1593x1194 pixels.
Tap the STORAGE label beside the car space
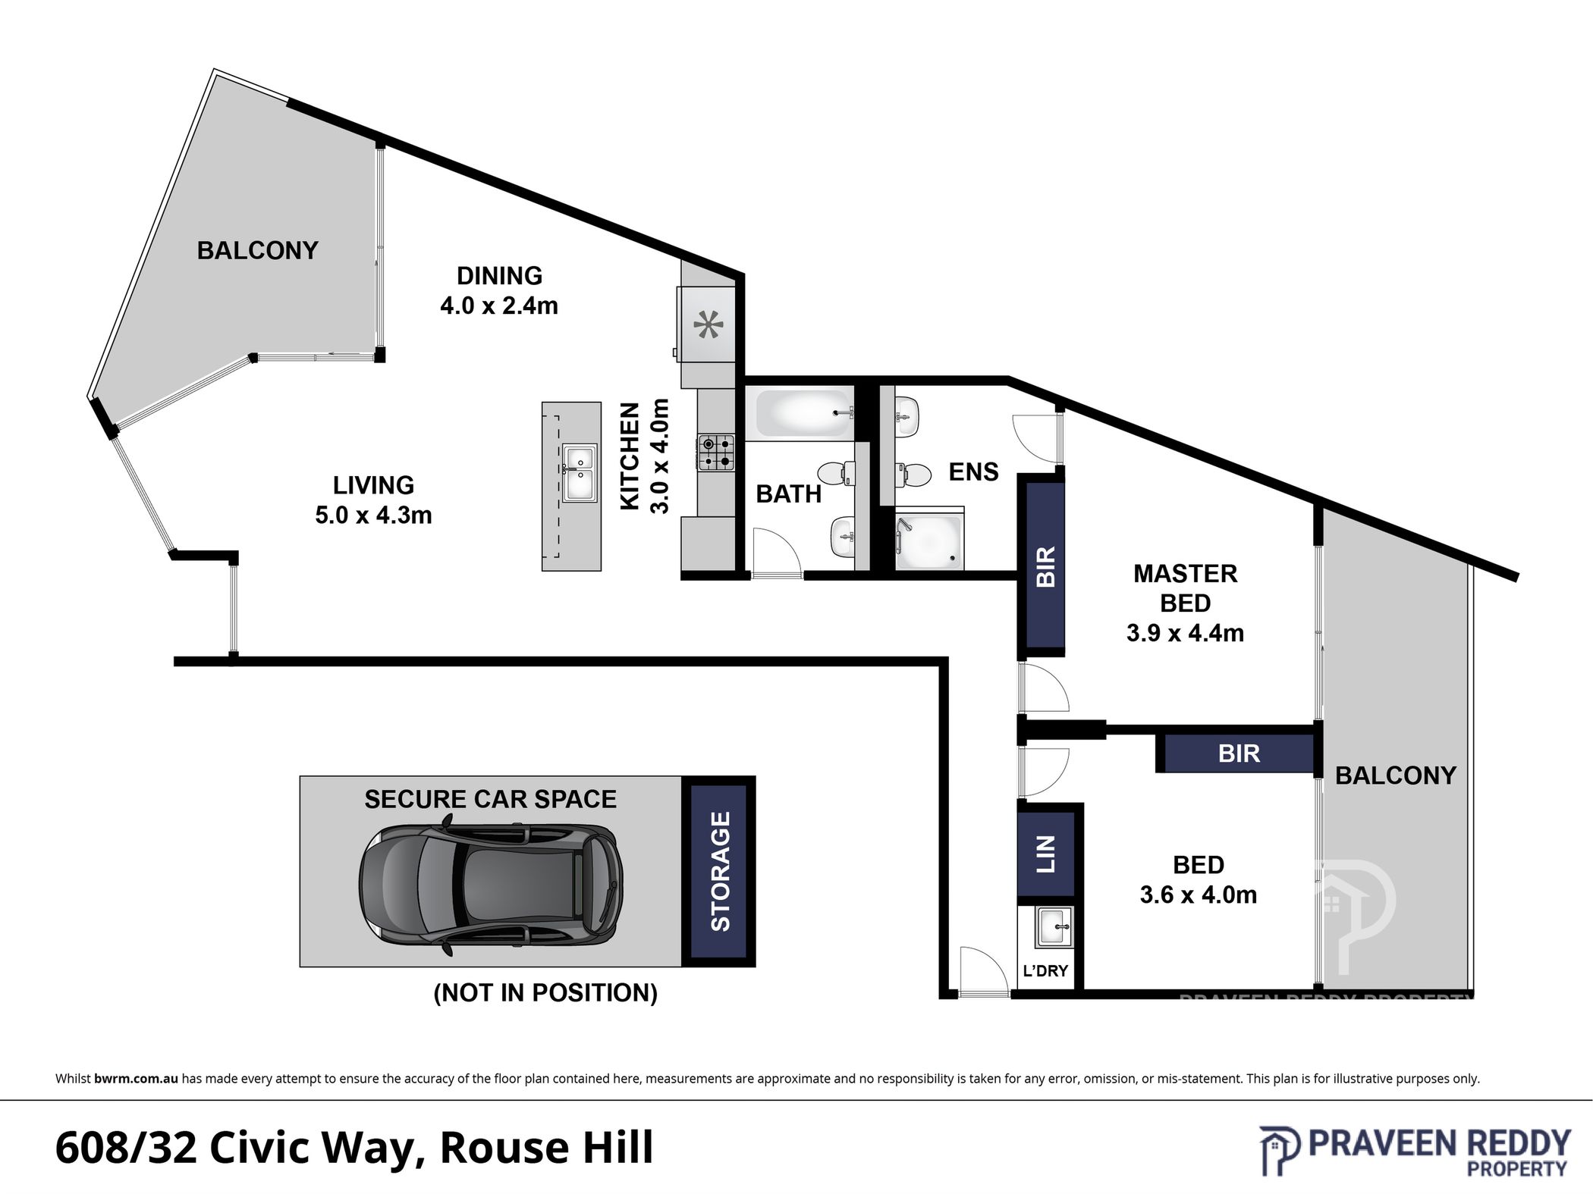(x=719, y=871)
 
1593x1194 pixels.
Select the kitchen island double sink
(x=580, y=473)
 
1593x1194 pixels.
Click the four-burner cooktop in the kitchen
(x=716, y=452)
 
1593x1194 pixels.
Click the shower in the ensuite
(x=929, y=539)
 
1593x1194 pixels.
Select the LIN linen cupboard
(x=1046, y=854)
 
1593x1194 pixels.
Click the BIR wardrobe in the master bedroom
(x=1045, y=566)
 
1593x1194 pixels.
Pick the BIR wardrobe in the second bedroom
(x=1237, y=753)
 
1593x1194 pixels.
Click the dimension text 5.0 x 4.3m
(x=373, y=515)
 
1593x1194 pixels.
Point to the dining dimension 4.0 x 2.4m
(x=499, y=306)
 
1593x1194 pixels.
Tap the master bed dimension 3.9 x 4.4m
(x=1185, y=633)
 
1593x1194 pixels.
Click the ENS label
(x=974, y=472)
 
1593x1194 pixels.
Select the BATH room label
(x=789, y=494)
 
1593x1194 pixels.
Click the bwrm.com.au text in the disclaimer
(x=137, y=1079)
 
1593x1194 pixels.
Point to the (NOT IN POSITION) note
(x=545, y=992)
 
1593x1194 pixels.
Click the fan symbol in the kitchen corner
(x=709, y=325)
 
